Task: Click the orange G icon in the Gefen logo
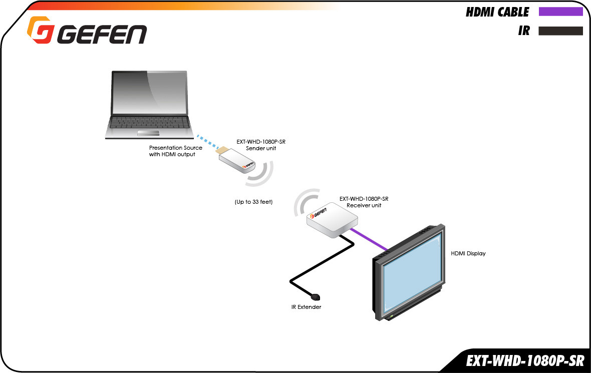41,30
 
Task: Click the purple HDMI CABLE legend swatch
561,12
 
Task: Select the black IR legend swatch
561,31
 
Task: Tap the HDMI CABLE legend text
497,12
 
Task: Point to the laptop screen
150,93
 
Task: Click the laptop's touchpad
148,133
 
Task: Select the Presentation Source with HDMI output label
176,151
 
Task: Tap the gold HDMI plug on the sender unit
222,150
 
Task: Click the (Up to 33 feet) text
253,202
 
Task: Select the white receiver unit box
332,220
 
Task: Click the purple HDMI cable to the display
369,240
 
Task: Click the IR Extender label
306,307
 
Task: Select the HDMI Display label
468,253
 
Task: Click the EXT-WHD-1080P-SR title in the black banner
525,361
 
